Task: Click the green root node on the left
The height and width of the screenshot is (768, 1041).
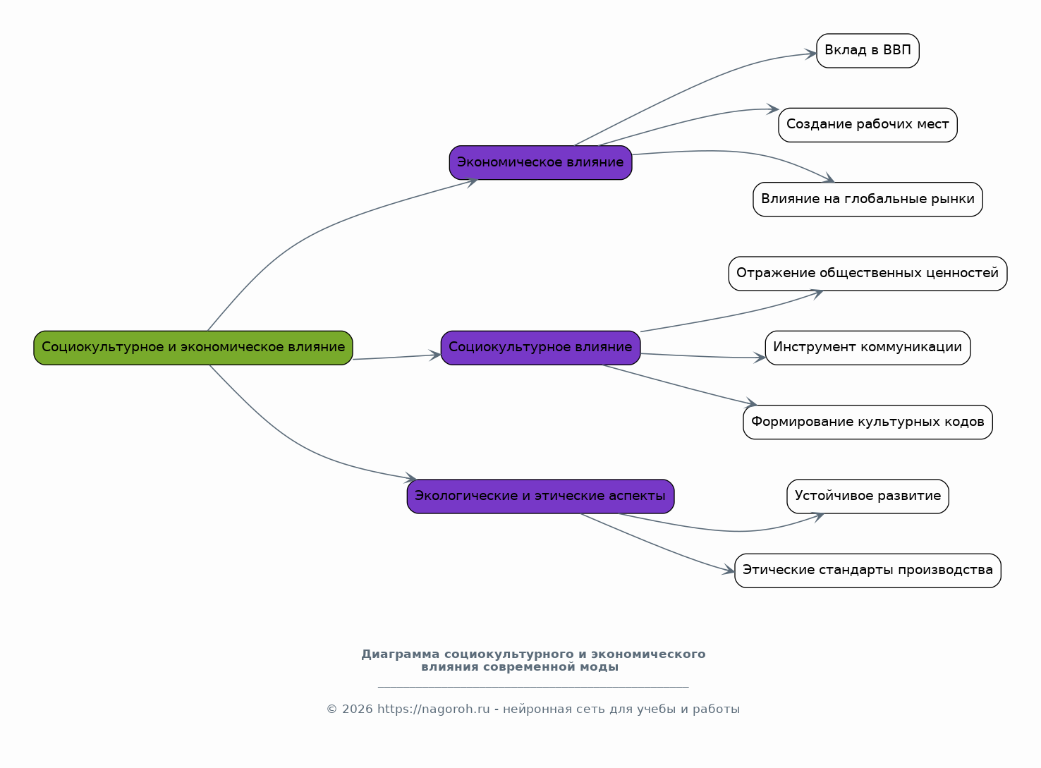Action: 193,348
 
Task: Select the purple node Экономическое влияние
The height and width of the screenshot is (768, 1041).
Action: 540,162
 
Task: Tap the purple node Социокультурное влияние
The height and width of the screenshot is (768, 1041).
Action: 540,348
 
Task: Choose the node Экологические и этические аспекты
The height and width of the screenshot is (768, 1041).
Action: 540,496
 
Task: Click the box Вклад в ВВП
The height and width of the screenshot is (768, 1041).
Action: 867,51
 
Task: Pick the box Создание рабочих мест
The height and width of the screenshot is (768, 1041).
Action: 867,125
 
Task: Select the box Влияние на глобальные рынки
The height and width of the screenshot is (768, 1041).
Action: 867,200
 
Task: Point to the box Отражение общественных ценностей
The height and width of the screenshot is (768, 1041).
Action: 867,274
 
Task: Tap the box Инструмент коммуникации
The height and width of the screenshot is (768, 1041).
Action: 867,348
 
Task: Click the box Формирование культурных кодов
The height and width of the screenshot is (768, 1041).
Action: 867,422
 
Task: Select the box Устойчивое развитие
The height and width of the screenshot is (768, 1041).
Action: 867,496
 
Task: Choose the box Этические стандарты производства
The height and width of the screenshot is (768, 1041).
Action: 867,571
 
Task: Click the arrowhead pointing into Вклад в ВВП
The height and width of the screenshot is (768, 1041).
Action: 810,54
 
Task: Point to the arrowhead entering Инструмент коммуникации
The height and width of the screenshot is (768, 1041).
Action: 760,358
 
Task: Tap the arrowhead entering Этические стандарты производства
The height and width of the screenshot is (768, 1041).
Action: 729,571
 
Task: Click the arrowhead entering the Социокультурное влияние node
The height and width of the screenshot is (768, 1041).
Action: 434,355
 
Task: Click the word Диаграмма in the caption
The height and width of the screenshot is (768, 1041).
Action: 401,654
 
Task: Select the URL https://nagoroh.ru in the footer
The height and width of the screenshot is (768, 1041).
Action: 433,709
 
